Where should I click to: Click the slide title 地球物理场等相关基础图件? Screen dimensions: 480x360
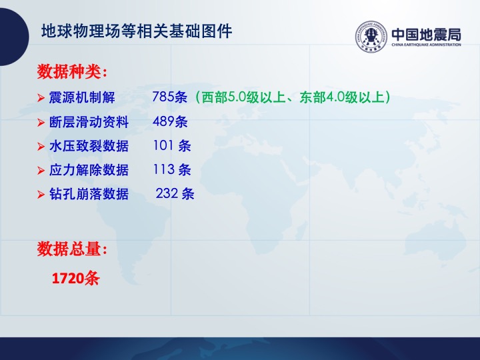pos(137,31)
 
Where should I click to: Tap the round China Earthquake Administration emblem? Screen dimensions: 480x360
pos(371,37)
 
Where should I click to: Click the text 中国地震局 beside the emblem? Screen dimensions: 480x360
pos(426,34)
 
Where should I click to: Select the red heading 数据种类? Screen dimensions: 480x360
pos(72,71)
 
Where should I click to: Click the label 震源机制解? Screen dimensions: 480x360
pos(82,97)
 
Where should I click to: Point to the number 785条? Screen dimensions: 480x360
pos(169,97)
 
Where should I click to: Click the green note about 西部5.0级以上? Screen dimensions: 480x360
pos(293,97)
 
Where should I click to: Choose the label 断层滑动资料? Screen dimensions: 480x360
pos(89,122)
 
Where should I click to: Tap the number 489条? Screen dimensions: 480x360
pos(170,121)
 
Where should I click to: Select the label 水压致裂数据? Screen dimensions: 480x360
pos(89,146)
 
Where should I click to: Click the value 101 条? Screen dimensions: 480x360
pos(172,145)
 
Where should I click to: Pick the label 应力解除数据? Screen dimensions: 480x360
pos(89,170)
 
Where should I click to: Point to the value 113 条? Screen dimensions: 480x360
pos(172,169)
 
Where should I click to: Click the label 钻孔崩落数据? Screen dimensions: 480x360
pos(89,194)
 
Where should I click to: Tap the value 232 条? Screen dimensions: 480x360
pos(175,193)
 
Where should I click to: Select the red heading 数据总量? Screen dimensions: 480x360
pos(72,249)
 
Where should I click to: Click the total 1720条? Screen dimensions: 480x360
pos(76,278)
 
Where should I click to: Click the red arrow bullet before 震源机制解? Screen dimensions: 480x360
pos(41,98)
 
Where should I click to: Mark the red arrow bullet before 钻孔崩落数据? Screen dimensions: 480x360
pos(41,195)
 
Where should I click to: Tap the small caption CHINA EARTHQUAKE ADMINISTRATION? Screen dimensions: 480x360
pos(426,45)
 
